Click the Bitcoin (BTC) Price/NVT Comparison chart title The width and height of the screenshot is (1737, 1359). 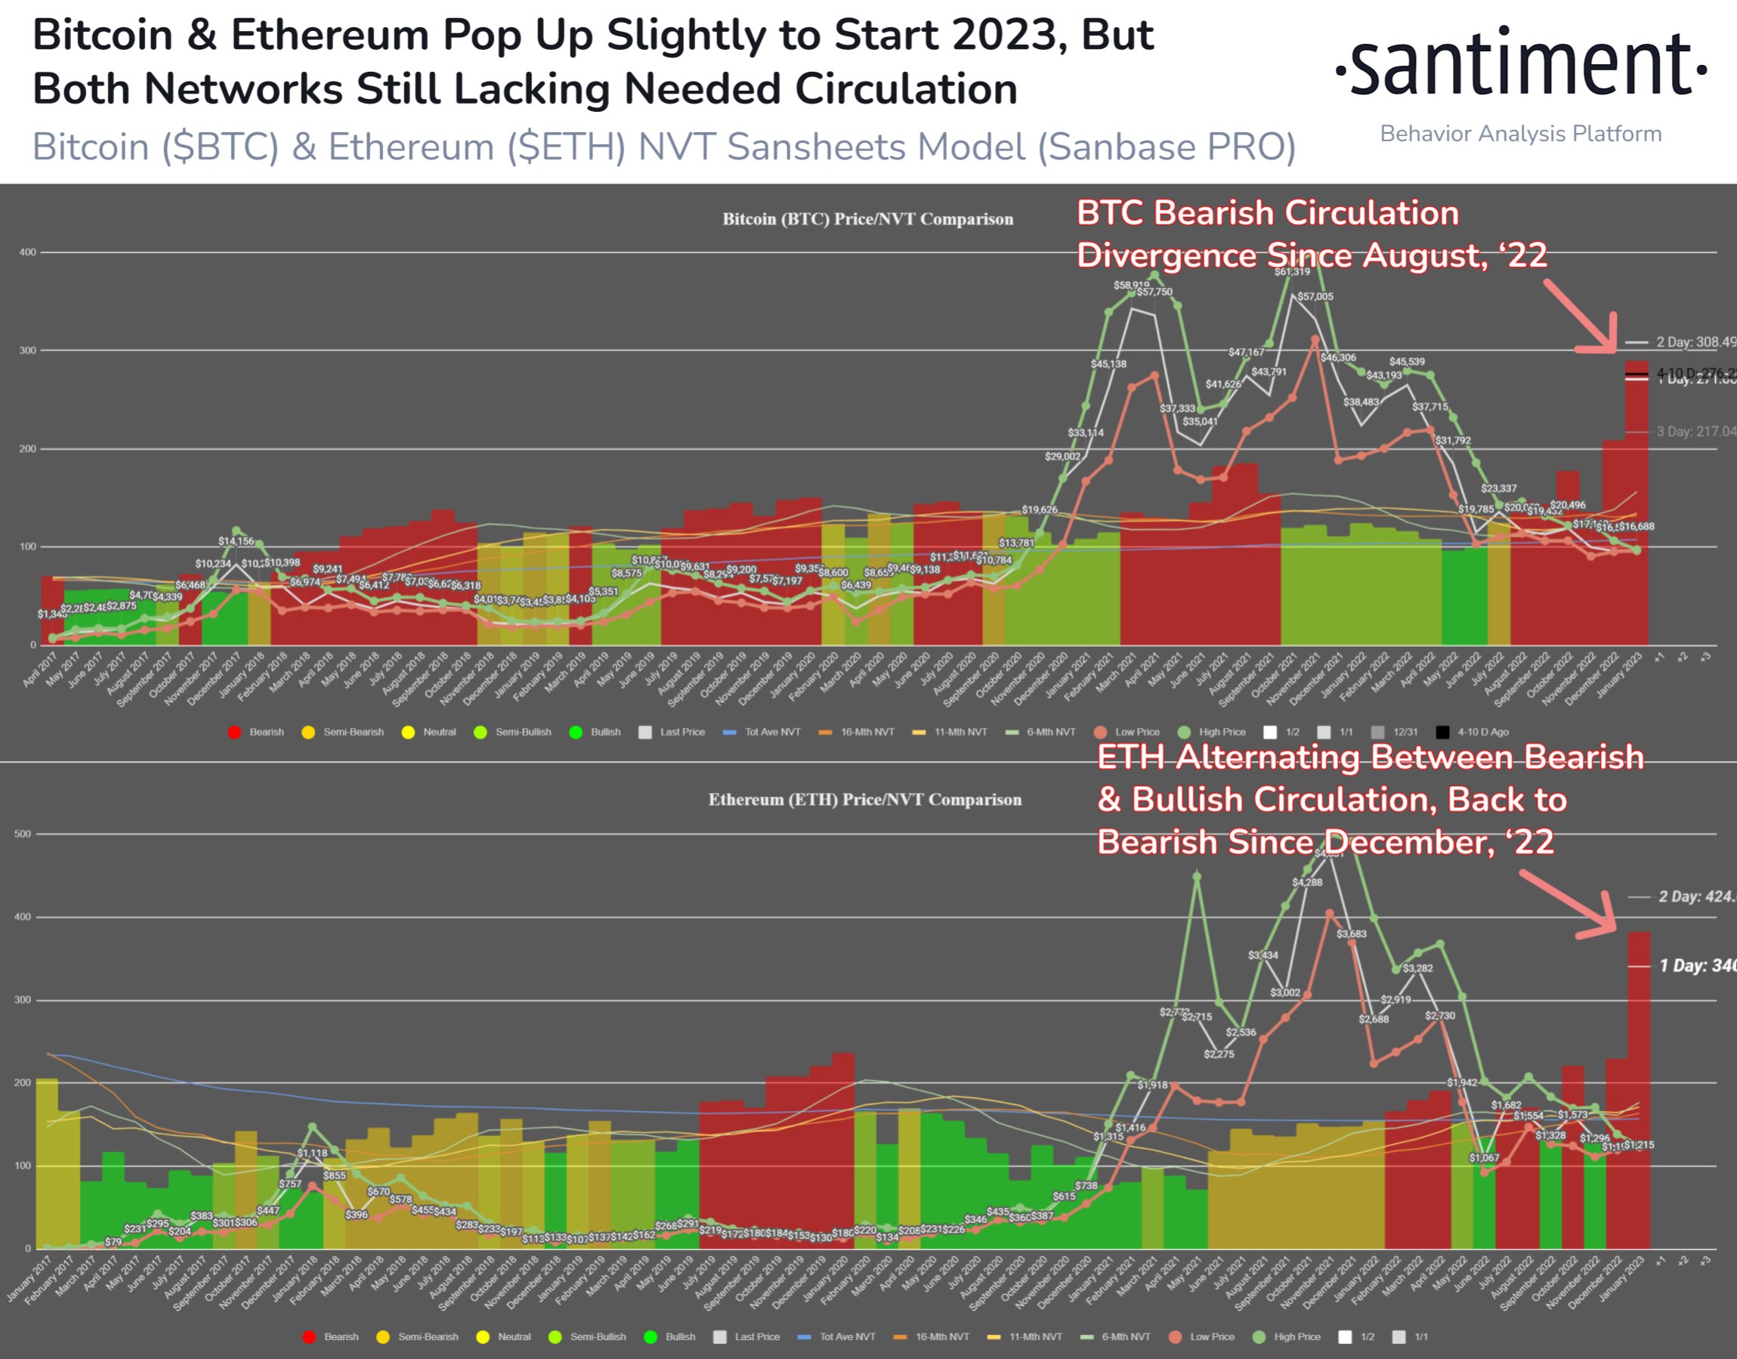(867, 218)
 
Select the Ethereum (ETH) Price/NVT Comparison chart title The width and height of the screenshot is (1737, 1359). (864, 799)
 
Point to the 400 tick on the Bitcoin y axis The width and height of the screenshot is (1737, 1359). (28, 252)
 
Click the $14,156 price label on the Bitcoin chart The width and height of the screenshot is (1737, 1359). (236, 541)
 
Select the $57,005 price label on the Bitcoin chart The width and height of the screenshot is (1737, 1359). (1315, 297)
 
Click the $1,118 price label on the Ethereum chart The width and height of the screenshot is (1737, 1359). (312, 1153)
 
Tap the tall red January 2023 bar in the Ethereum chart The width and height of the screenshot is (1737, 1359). (1640, 1090)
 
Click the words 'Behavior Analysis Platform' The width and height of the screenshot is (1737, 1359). (1521, 134)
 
